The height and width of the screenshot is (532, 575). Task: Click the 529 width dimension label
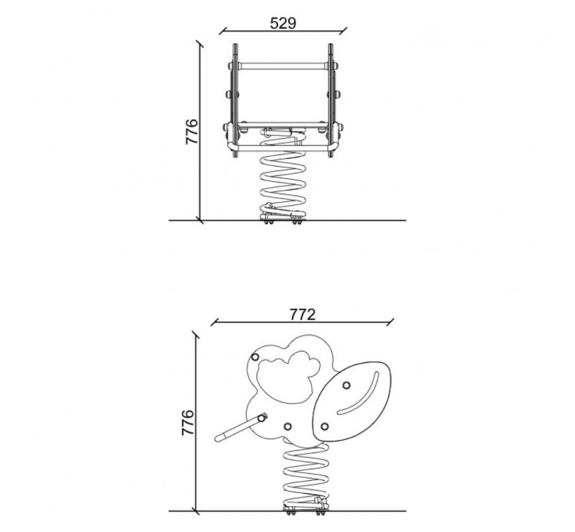(282, 24)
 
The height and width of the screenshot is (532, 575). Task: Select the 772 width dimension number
(303, 314)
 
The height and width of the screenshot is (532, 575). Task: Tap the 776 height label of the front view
(192, 132)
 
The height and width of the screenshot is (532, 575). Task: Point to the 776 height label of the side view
(188, 422)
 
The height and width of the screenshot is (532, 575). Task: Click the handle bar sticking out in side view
(241, 427)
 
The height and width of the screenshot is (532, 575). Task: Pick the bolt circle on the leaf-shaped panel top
(346, 385)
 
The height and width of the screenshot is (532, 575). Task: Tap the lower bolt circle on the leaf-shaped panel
(324, 426)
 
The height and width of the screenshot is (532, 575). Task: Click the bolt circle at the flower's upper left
(255, 357)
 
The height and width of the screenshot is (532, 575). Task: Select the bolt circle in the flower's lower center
(288, 426)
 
